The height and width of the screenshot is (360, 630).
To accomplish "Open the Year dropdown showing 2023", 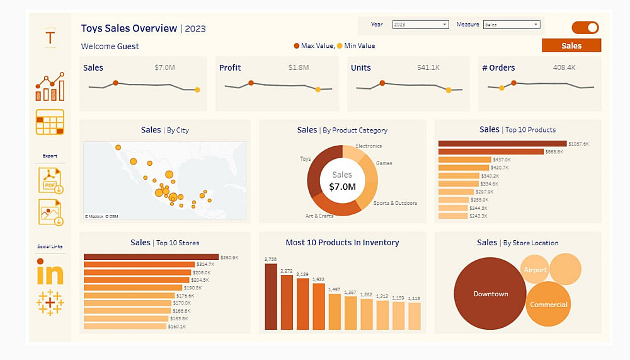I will tap(420, 25).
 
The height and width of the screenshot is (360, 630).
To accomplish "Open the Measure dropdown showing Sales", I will tap(512, 25).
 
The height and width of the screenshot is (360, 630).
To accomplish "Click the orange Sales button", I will tap(571, 45).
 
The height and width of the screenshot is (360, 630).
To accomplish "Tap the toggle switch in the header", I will tap(585, 28).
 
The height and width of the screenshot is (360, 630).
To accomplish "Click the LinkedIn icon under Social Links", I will tap(50, 272).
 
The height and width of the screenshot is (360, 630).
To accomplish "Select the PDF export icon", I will tap(50, 180).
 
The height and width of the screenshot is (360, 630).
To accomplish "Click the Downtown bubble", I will tap(490, 294).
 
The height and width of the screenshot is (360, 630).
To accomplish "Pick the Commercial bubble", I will tap(548, 305).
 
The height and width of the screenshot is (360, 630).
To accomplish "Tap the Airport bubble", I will tap(535, 270).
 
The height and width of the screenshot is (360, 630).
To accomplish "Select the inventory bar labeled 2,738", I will tap(271, 296).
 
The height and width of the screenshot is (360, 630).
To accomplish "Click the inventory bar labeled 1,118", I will tap(414, 316).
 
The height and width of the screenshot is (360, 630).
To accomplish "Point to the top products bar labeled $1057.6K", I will tap(502, 144).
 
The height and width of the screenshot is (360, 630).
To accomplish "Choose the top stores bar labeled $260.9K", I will tap(151, 257).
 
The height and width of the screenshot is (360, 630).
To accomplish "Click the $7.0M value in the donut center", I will tap(342, 187).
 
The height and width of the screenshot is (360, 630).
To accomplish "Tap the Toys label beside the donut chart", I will tap(306, 159).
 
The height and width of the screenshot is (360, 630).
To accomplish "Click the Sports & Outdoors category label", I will tap(395, 203).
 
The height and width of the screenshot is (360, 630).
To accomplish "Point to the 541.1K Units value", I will tap(428, 67).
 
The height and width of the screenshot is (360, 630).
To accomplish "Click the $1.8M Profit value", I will tap(299, 67).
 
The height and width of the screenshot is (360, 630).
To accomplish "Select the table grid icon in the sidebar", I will tap(50, 122).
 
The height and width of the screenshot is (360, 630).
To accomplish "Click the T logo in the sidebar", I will tap(50, 37).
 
